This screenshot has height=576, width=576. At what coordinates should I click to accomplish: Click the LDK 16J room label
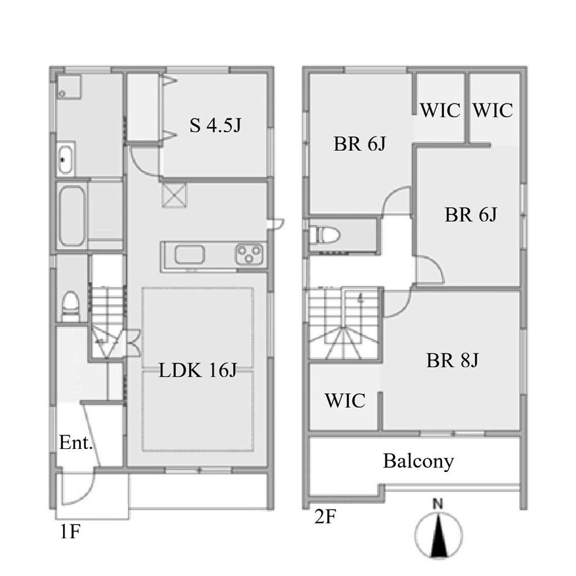click(x=197, y=370)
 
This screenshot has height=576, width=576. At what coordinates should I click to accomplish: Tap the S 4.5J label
click(x=215, y=125)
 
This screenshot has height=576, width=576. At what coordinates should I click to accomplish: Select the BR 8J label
click(x=452, y=360)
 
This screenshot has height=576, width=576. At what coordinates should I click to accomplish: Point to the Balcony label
click(x=418, y=461)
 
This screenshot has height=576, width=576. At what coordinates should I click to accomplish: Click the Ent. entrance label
click(x=76, y=443)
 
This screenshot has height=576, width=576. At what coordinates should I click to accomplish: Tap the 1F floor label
click(x=70, y=532)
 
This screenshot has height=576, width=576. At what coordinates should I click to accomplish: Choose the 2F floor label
click(x=325, y=517)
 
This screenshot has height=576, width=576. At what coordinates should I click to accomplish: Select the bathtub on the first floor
click(x=71, y=216)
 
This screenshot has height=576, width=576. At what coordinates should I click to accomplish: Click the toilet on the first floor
click(x=70, y=307)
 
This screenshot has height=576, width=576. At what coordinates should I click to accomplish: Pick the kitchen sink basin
click(x=190, y=255)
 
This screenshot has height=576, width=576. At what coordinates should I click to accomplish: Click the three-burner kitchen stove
click(x=249, y=254)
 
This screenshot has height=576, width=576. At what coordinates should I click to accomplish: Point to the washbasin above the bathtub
click(x=66, y=159)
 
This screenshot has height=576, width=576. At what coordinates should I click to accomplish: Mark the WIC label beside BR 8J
click(x=345, y=400)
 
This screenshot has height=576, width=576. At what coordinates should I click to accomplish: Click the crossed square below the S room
click(x=174, y=195)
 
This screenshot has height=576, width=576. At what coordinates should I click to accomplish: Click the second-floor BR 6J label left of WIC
click(x=359, y=143)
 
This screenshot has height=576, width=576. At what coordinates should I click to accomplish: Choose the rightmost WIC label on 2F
click(x=492, y=110)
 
